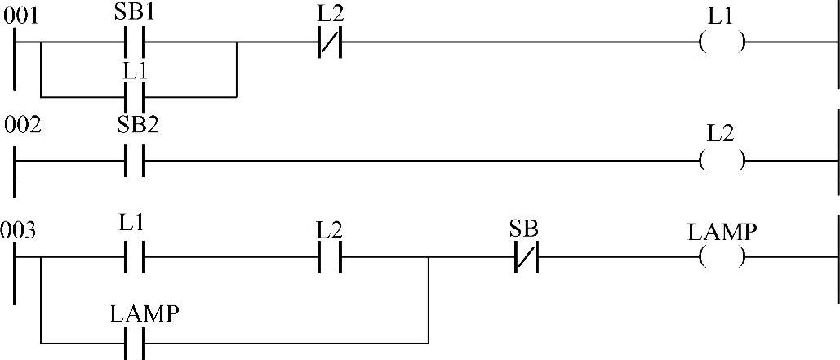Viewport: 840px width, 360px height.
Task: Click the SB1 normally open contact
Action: coord(134,42)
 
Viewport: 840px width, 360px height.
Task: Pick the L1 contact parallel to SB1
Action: coord(134,96)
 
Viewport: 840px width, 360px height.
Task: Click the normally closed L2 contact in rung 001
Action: coord(328,42)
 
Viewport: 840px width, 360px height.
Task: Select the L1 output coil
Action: coord(722,42)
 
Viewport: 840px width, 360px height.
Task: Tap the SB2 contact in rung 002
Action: coord(134,161)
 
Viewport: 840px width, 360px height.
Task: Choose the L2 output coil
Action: coord(722,161)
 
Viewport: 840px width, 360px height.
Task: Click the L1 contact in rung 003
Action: coord(134,259)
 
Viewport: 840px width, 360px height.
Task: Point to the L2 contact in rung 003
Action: coord(328,259)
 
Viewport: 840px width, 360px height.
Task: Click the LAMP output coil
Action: coord(722,259)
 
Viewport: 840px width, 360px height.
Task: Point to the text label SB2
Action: coord(134,127)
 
